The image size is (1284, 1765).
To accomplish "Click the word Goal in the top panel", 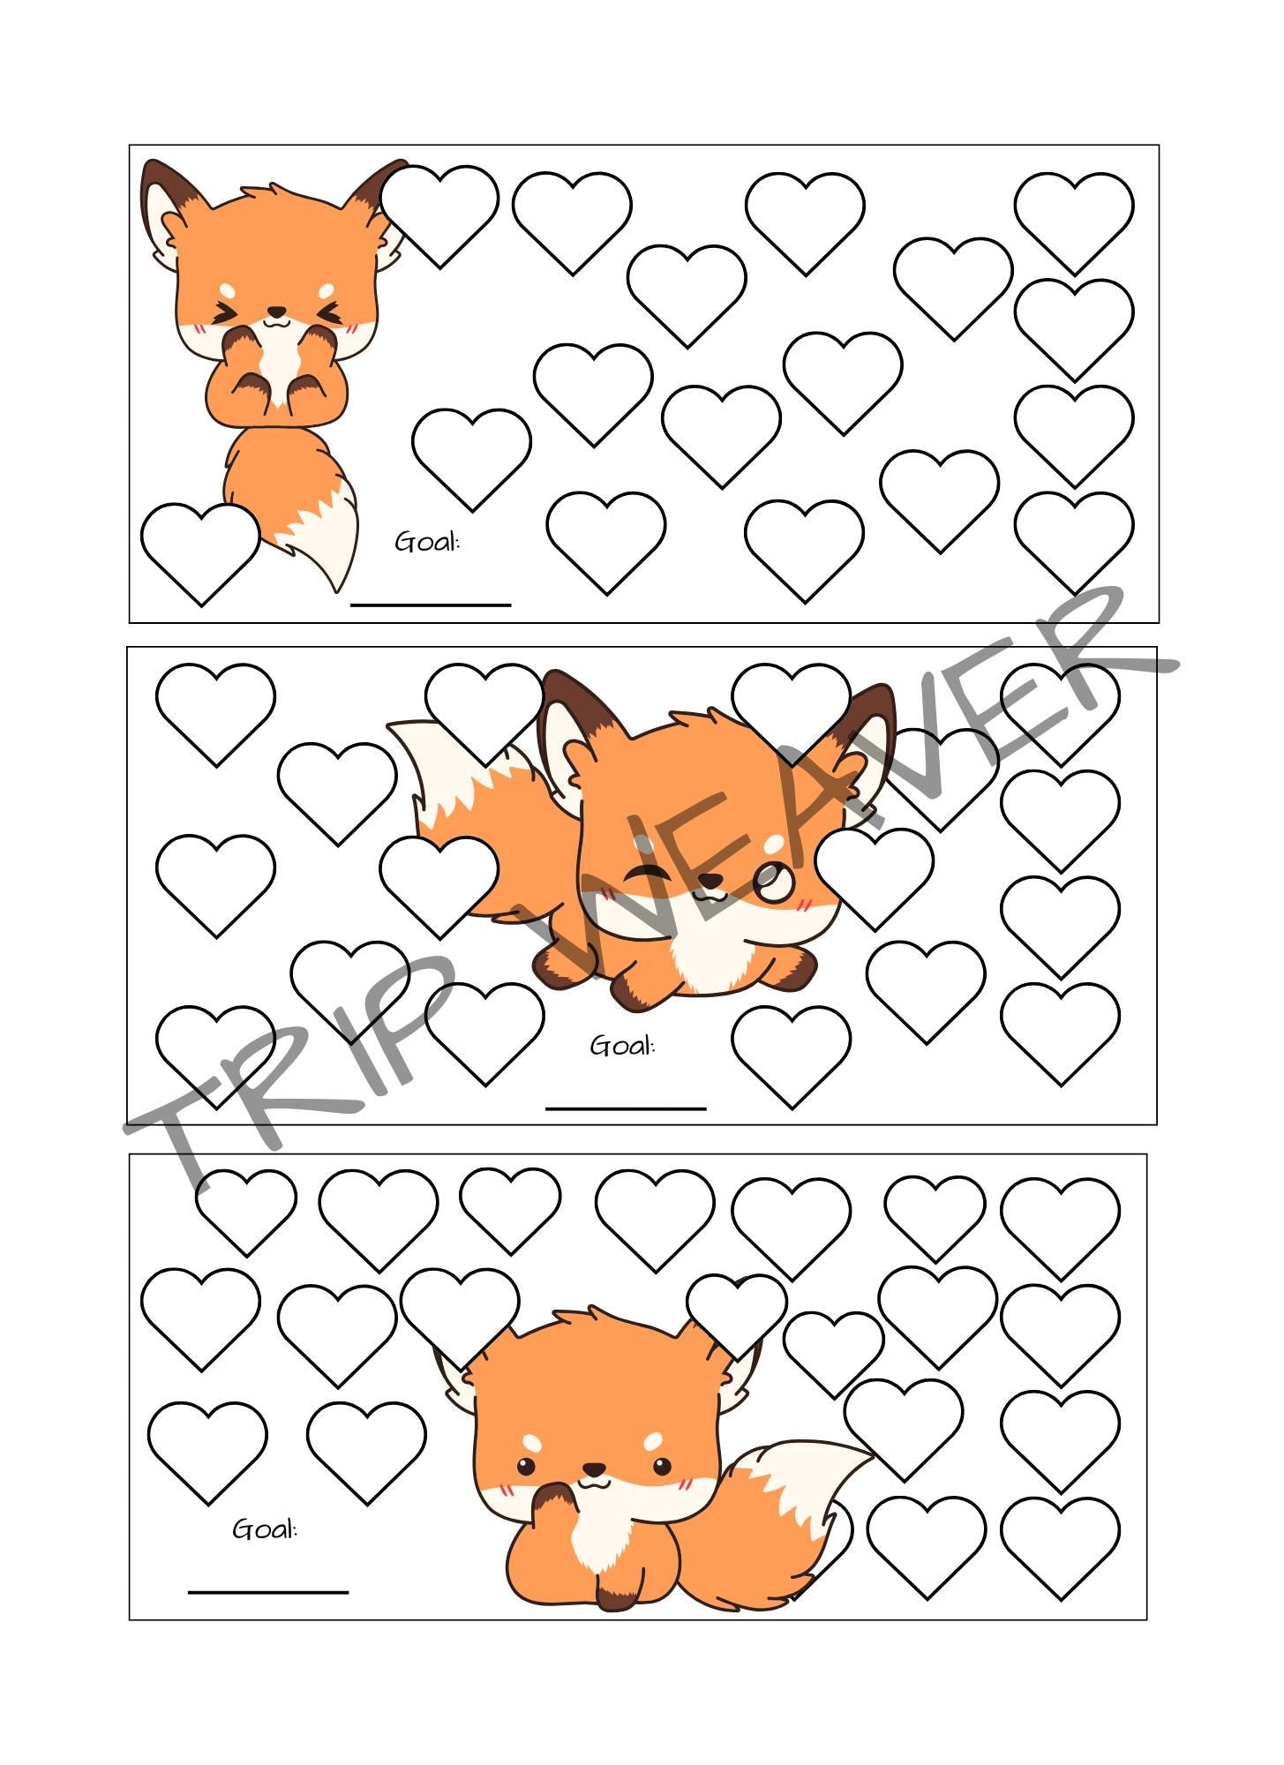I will (427, 542).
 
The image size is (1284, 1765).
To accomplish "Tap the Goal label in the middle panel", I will (622, 1046).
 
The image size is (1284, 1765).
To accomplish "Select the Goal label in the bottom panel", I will (265, 1529).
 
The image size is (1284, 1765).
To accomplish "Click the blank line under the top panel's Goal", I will (431, 605).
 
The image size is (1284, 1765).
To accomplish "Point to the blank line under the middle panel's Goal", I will (626, 1108).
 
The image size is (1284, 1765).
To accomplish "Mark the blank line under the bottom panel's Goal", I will (268, 1592).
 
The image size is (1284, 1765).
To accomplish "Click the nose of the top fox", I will (276, 312).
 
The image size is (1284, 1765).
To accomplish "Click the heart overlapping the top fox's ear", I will (439, 212).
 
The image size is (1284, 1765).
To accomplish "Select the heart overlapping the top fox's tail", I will (200, 550).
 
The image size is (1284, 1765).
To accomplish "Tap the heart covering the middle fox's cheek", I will (874, 874).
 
